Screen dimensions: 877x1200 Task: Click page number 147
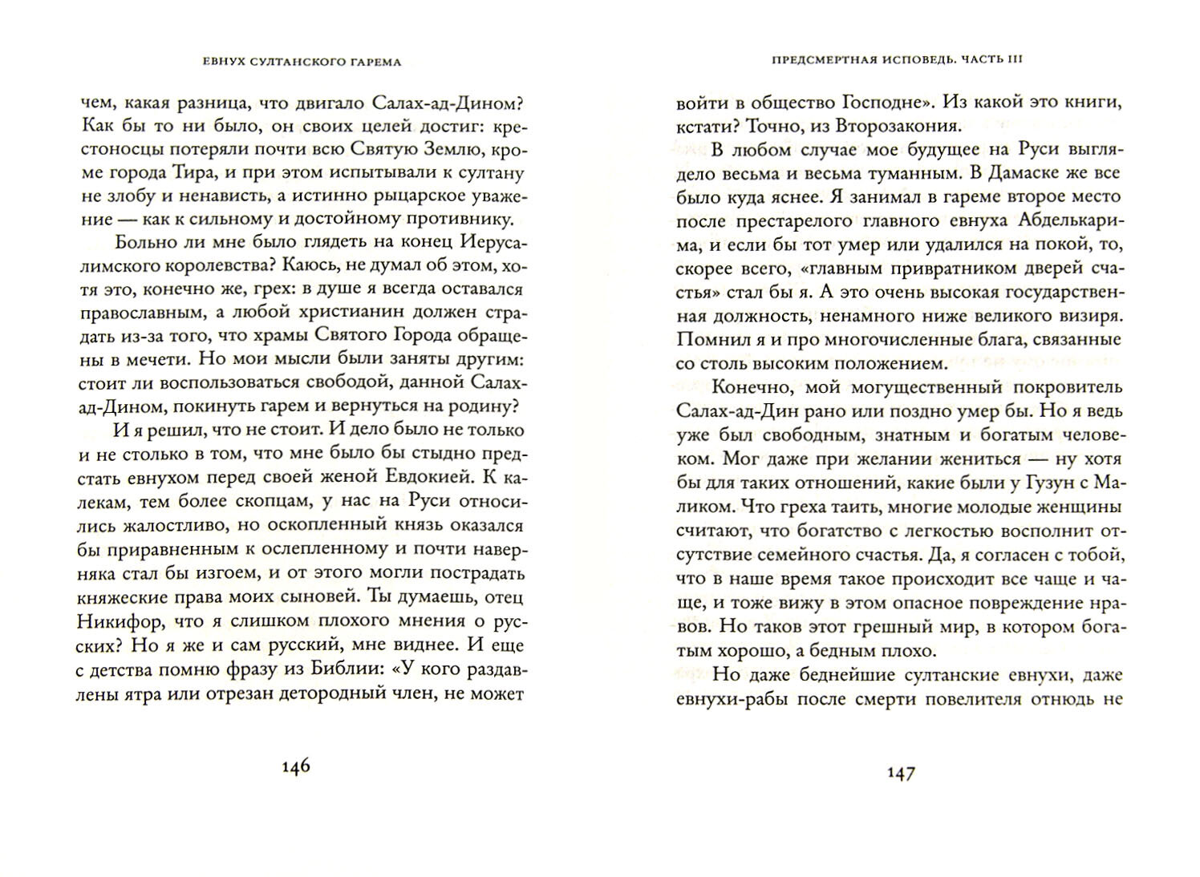899,774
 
